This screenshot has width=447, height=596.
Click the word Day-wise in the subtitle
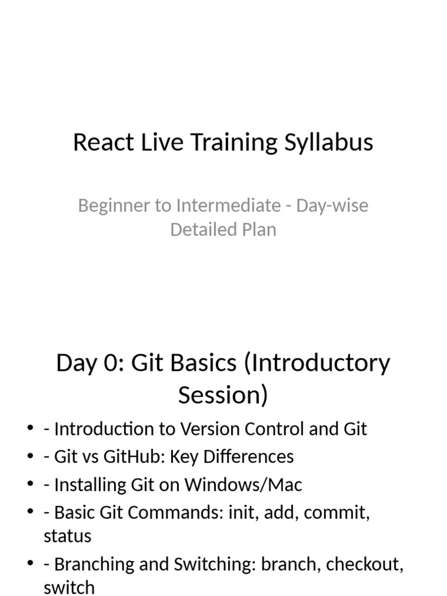click(x=332, y=206)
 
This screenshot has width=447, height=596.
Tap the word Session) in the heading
click(x=223, y=395)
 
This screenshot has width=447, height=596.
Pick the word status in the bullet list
click(x=68, y=536)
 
